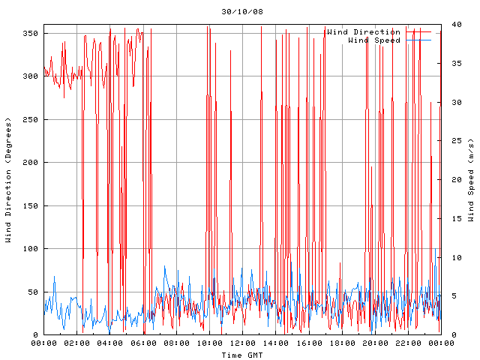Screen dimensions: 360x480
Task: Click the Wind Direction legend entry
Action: tap(364, 31)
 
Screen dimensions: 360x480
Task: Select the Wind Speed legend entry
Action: tap(374, 40)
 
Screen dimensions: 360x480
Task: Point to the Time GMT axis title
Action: tap(241, 355)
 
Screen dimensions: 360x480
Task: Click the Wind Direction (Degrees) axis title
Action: tap(8, 180)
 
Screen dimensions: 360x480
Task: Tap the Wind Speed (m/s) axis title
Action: tap(471, 180)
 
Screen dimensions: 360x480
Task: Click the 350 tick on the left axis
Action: tap(30, 34)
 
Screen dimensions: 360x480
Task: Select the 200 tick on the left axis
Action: tap(30, 163)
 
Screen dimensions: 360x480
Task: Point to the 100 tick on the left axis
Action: tap(30, 249)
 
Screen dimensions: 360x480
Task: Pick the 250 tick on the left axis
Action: tap(30, 120)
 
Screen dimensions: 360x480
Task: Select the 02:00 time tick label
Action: tap(77, 343)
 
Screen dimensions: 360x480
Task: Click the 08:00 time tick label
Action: tap(176, 343)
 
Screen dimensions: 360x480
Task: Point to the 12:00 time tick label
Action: tap(242, 343)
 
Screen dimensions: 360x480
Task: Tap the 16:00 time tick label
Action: tap(308, 343)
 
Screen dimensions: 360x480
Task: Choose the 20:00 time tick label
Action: tap(374, 343)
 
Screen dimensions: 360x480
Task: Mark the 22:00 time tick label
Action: tap(407, 343)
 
